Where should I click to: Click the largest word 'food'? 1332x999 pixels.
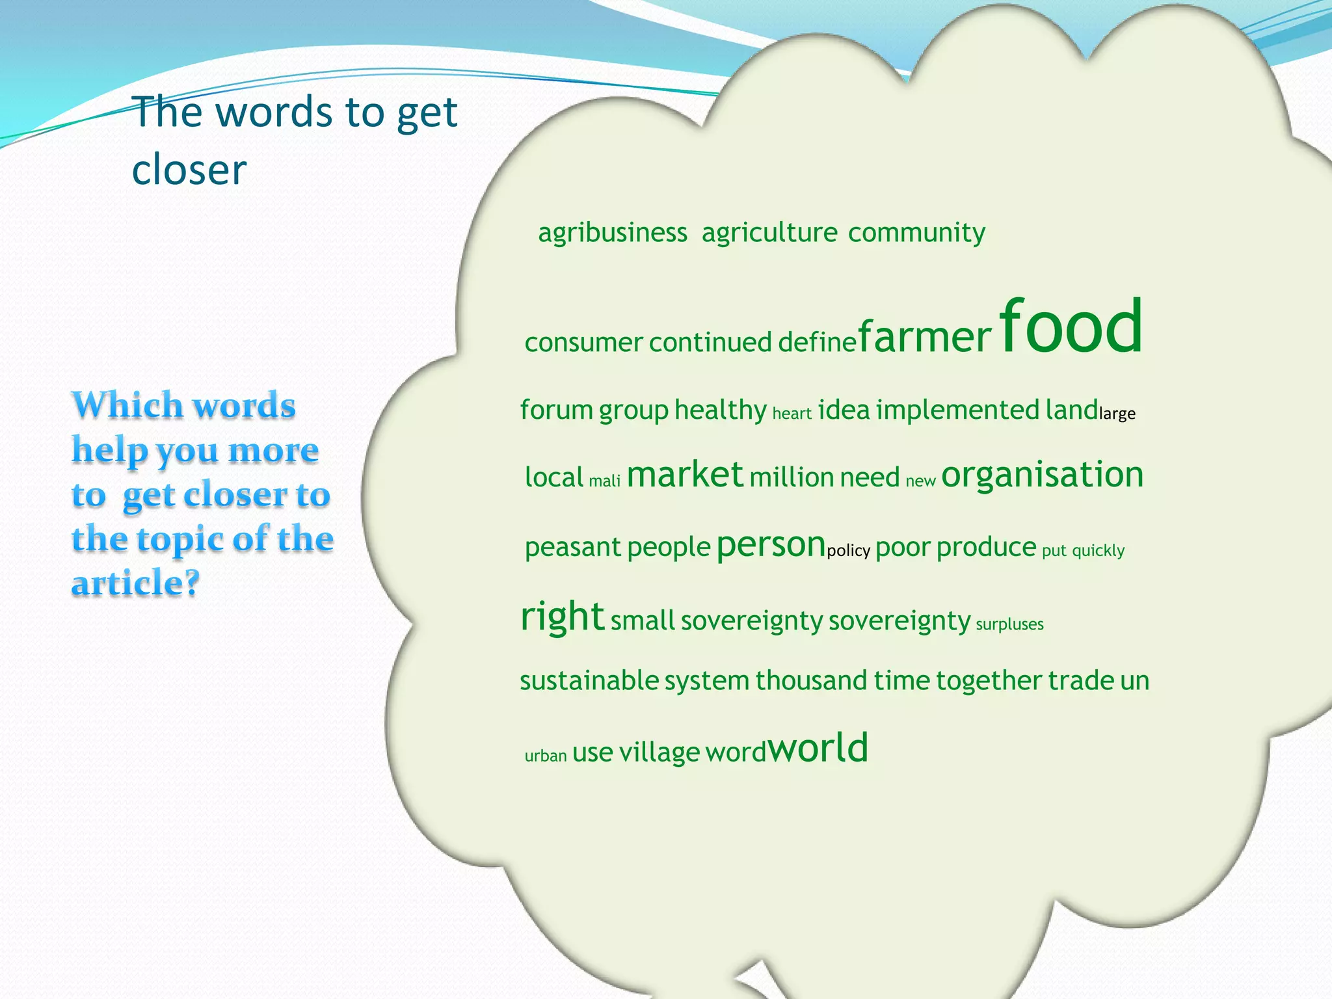coord(1071,326)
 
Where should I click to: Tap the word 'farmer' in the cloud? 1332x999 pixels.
coord(925,338)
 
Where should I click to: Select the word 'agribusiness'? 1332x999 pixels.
coord(612,233)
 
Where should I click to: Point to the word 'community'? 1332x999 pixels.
coord(916,233)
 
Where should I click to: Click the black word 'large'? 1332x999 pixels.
coord(1117,414)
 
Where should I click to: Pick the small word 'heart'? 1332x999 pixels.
coord(792,414)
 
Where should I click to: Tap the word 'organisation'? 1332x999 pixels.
coord(1042,475)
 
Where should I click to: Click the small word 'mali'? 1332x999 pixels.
coord(604,481)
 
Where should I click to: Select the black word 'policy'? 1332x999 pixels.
coord(848,551)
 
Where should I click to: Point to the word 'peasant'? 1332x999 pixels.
coord(573,548)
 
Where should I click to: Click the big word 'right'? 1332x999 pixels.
coord(563,616)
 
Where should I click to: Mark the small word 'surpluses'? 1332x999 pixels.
coord(1009,624)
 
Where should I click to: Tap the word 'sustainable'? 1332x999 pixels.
coord(589,681)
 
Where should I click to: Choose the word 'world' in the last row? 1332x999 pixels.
coord(819,748)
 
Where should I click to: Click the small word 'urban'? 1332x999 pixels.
coord(546,756)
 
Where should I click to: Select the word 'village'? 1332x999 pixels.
coord(659,753)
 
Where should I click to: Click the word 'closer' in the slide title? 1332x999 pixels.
coord(189,170)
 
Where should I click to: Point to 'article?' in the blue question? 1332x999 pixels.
coord(135,583)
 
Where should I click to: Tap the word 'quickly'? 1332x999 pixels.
coord(1098,551)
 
